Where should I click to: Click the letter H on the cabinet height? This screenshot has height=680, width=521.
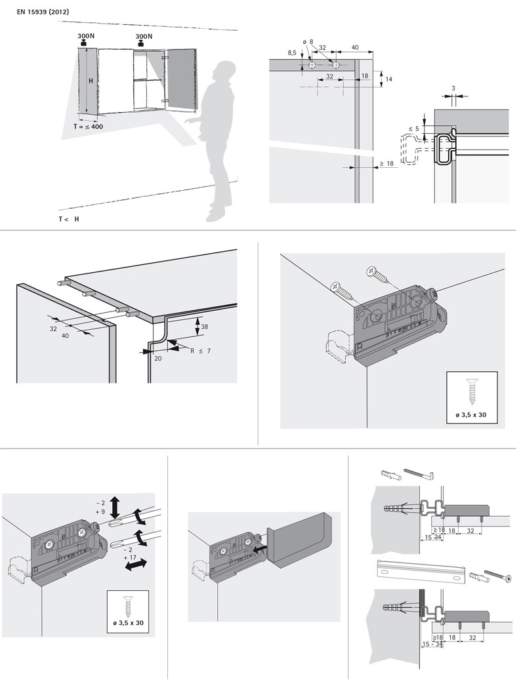[x=91, y=81]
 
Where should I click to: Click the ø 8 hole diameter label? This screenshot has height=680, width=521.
[x=308, y=42]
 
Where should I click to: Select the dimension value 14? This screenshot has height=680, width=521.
[x=388, y=79]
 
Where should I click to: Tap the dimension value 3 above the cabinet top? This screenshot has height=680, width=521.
[x=453, y=87]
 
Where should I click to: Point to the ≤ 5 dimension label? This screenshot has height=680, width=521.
[x=413, y=129]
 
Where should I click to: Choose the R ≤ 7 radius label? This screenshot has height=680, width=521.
[x=201, y=351]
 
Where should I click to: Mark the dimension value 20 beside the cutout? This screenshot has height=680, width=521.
[x=158, y=359]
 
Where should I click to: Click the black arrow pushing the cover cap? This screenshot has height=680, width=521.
[x=257, y=542]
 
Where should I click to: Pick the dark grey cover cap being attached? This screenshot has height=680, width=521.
[x=299, y=539]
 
